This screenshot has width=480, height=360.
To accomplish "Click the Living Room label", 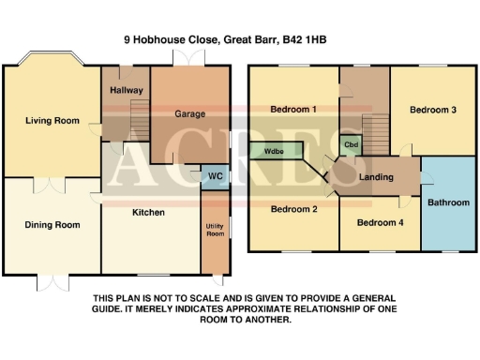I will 51,120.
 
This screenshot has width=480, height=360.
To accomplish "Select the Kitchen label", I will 148,213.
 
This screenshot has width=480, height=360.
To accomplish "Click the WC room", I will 214,176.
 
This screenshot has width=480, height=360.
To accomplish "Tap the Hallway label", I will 126,91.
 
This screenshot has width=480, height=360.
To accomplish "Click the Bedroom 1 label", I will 293,110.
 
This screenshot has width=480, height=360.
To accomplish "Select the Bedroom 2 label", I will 294,209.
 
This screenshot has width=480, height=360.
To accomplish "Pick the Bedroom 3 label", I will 434,110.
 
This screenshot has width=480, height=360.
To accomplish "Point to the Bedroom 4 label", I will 380,222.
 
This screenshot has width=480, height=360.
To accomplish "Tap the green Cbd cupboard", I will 352,144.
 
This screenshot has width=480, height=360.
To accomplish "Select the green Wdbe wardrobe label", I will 275,150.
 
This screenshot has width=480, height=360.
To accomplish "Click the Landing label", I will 377,177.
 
